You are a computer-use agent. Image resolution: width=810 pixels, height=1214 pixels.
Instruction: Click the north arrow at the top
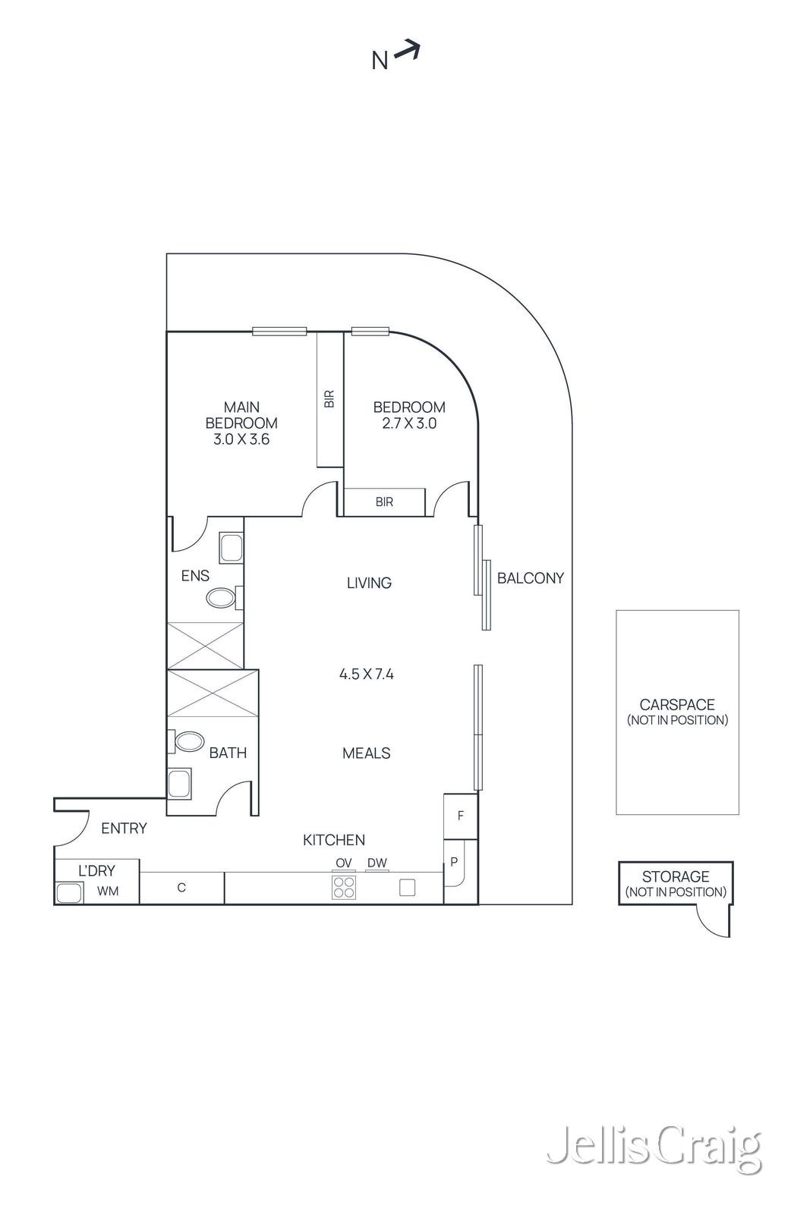(x=407, y=50)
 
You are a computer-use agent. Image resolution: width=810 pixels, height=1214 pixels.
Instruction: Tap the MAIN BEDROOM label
(x=241, y=415)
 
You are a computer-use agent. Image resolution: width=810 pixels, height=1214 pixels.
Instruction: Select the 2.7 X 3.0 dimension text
(x=408, y=423)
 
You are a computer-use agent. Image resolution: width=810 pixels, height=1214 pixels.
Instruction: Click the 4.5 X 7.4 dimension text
(x=367, y=674)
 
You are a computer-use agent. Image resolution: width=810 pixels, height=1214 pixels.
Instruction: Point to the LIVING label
(x=369, y=583)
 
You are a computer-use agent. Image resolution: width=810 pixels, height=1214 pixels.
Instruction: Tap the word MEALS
(x=367, y=753)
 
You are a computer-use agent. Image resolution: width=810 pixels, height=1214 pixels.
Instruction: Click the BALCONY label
(x=530, y=578)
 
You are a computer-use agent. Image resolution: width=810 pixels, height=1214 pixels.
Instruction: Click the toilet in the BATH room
(x=187, y=741)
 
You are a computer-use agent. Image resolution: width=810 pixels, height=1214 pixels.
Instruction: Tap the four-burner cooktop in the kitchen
(x=344, y=888)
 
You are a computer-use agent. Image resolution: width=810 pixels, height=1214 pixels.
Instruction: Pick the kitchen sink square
(x=407, y=887)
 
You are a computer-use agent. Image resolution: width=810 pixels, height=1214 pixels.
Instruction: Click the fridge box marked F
(x=460, y=816)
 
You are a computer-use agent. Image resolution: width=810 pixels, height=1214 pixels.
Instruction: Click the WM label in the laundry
(x=108, y=891)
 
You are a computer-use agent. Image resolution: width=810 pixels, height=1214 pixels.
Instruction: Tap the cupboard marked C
(x=181, y=888)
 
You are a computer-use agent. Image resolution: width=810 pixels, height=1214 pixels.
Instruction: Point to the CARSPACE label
(x=677, y=705)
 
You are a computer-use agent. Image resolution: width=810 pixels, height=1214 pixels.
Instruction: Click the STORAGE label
(x=676, y=876)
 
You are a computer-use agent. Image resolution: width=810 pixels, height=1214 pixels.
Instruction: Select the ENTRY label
(x=124, y=828)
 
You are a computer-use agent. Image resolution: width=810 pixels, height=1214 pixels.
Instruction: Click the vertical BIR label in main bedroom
(x=329, y=399)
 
